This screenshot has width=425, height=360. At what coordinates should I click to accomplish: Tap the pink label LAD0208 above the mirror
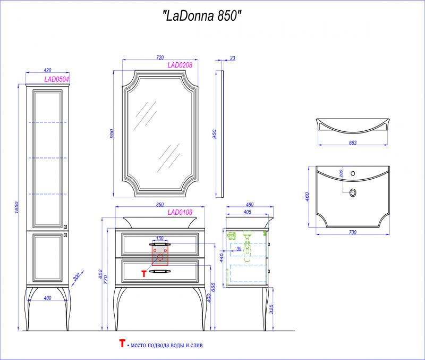click(180, 65)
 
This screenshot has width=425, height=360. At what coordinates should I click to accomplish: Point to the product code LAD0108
click(180, 212)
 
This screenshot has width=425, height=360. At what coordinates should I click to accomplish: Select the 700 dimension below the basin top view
click(353, 232)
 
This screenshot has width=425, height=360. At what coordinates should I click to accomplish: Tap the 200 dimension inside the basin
click(341, 173)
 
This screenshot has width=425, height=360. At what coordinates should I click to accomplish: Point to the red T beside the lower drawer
click(143, 273)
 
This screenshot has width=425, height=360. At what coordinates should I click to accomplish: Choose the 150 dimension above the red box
click(159, 239)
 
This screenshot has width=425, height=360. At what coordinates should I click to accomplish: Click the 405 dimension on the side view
click(248, 212)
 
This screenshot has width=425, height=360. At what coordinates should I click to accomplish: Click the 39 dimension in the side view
click(239, 249)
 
